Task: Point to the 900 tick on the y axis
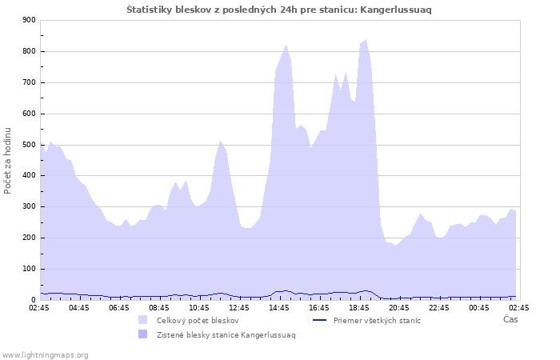pyautogui.click(x=30, y=21)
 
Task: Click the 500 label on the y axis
pyautogui.click(x=30, y=145)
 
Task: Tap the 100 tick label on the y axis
pyautogui.click(x=30, y=269)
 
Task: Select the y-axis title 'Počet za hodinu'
pyautogui.click(x=8, y=160)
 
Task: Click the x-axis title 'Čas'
pyautogui.click(x=510, y=319)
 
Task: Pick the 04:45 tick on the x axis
pyautogui.click(x=79, y=307)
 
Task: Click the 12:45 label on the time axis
pyautogui.click(x=239, y=307)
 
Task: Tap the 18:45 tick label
pyautogui.click(x=359, y=307)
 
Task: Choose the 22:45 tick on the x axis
pyautogui.click(x=439, y=307)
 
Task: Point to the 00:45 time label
pyautogui.click(x=479, y=307)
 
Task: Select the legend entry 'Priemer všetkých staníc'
pyautogui.click(x=376, y=320)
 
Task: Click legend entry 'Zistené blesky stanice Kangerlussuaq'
pyautogui.click(x=226, y=334)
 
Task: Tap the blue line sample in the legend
pyautogui.click(x=319, y=320)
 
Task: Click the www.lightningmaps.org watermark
pyautogui.click(x=46, y=354)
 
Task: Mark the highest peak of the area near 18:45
pyautogui.click(x=366, y=39)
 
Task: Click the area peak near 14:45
pyautogui.click(x=286, y=45)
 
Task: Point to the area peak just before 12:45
pyautogui.click(x=220, y=141)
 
